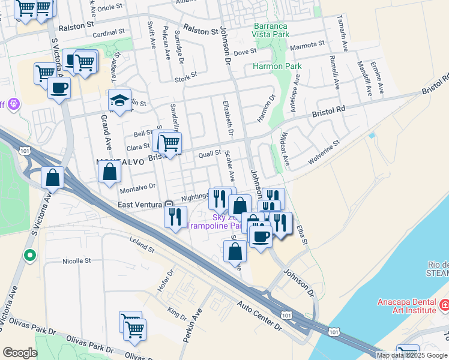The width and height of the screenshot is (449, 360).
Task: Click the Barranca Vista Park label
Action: tap(271, 31)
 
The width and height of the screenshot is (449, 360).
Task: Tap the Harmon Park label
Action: tap(277, 66)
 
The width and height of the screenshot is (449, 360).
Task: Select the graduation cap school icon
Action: tap(119, 100)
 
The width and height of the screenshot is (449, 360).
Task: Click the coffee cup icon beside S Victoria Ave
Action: tap(59, 88)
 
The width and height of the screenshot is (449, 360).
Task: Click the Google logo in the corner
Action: tap(20, 353)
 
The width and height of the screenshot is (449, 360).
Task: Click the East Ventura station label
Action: tap(141, 205)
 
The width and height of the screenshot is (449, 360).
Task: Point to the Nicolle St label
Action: tap(76, 261)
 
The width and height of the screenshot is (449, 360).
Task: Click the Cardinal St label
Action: tap(109, 31)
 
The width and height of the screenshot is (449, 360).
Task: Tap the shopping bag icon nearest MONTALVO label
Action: tap(110, 173)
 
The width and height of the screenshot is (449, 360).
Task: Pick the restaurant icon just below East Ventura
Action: tap(175, 217)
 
